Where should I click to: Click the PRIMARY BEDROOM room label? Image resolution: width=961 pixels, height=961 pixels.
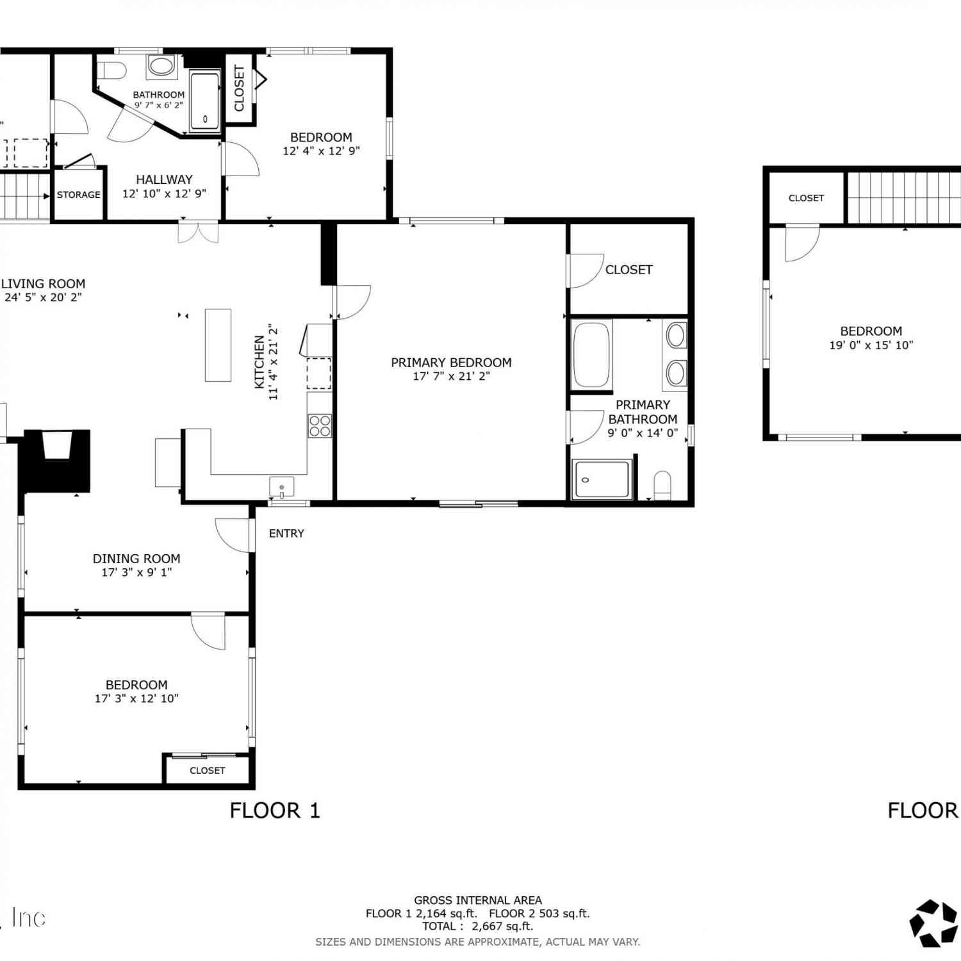pyautogui.click(x=451, y=363)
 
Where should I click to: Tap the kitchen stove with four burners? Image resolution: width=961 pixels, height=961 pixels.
pyautogui.click(x=320, y=426)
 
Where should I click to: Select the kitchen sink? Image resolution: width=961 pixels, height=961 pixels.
pyautogui.click(x=282, y=488)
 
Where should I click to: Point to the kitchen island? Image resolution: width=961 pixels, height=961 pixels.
pyautogui.click(x=218, y=345)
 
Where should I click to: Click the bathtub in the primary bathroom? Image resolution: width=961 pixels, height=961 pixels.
pyautogui.click(x=591, y=354)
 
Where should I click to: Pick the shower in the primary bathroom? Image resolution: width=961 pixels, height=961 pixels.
pyautogui.click(x=602, y=479)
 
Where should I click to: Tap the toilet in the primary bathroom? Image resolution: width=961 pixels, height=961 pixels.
pyautogui.click(x=662, y=485)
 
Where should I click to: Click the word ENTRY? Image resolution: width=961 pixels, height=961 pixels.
pyautogui.click(x=286, y=534)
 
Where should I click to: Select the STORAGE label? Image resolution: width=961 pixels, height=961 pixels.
pyautogui.click(x=79, y=195)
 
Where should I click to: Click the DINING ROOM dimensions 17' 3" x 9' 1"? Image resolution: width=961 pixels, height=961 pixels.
pyautogui.click(x=136, y=572)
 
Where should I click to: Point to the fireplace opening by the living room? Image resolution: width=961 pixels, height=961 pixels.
pyautogui.click(x=56, y=445)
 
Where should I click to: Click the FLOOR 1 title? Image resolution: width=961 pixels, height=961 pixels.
pyautogui.click(x=275, y=810)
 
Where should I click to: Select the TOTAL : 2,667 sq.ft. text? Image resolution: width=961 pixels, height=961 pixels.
pyautogui.click(x=477, y=926)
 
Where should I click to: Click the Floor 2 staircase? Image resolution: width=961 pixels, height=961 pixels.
pyautogui.click(x=904, y=197)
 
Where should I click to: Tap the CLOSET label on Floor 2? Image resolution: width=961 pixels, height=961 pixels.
pyautogui.click(x=806, y=198)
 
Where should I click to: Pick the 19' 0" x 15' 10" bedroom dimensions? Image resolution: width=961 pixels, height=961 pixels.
pyautogui.click(x=871, y=345)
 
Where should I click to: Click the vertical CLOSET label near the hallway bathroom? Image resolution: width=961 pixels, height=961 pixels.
pyautogui.click(x=240, y=88)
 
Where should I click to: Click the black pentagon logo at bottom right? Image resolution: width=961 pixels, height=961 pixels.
pyautogui.click(x=934, y=923)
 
